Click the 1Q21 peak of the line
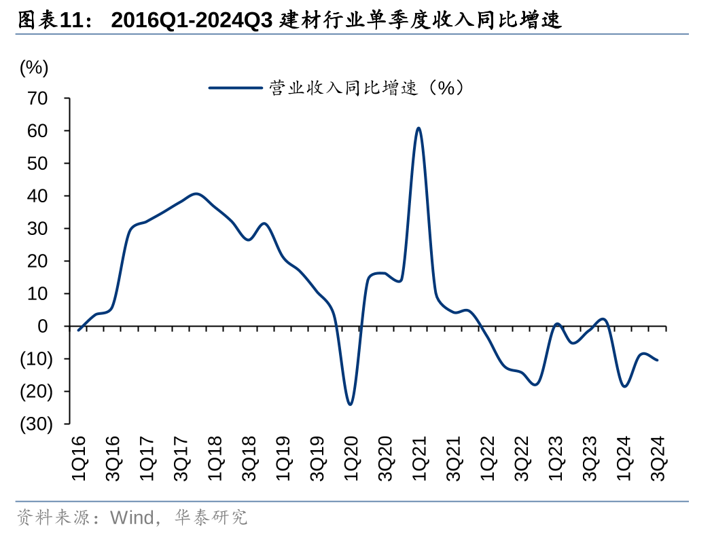point(419,128)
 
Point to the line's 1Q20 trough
point(350,404)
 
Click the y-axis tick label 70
point(38,99)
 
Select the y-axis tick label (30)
point(36,424)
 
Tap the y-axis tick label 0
point(43,327)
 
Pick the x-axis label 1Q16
point(79,459)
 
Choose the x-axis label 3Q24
point(658,459)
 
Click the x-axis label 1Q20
point(351,459)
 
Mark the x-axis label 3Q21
point(453,459)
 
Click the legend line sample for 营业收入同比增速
point(234,88)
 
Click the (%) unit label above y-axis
point(33,67)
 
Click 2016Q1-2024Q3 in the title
point(192,21)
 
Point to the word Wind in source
point(132,518)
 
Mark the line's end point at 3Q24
point(657,360)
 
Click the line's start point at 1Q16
point(79,330)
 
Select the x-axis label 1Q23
point(555,459)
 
